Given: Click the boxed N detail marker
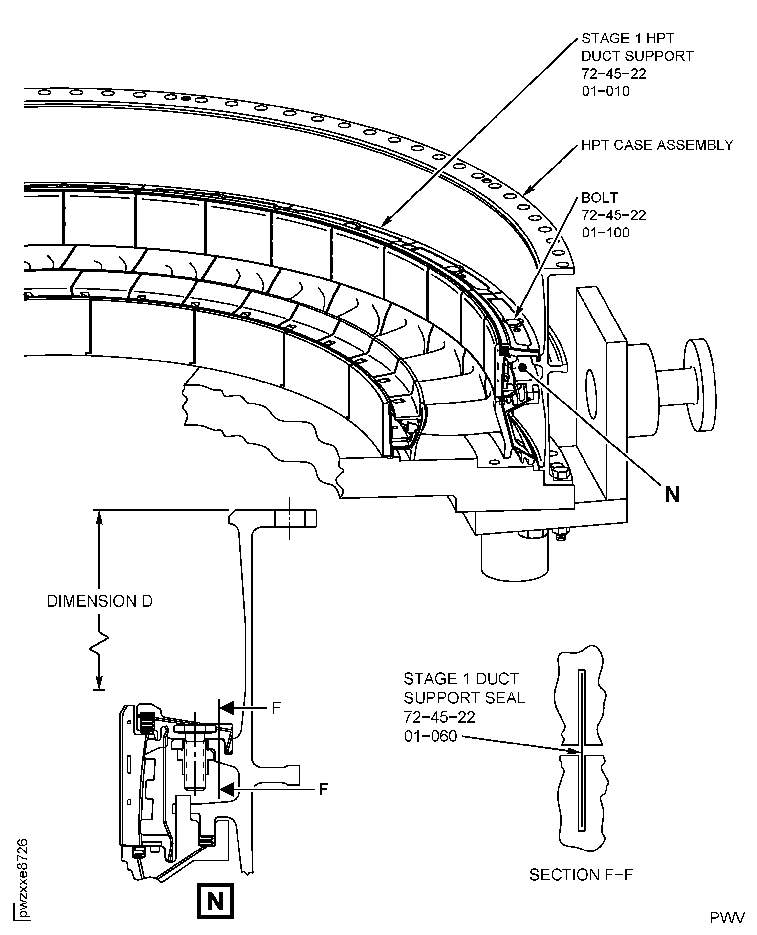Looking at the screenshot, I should point(216,901).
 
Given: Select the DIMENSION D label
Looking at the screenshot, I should point(99,601).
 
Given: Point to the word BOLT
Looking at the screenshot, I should point(600,198).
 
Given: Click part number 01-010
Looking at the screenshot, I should point(606,91).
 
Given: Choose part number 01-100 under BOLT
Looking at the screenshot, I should point(606,233).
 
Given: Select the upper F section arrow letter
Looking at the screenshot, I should point(276,708).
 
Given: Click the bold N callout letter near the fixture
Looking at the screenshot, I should point(672,494).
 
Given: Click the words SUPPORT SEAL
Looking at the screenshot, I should point(464,698).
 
